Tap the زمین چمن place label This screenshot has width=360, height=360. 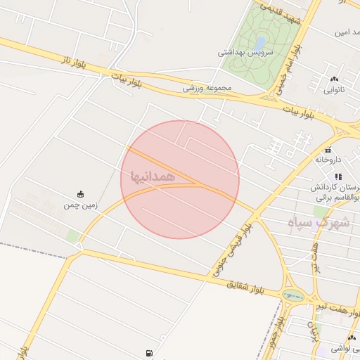(x=79, y=205)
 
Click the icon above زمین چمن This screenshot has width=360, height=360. (x=79, y=194)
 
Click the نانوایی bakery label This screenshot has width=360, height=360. (x=333, y=89)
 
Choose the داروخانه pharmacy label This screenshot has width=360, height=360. (x=328, y=160)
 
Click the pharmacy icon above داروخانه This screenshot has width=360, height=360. (x=328, y=150)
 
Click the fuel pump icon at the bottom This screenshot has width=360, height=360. (x=148, y=353)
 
